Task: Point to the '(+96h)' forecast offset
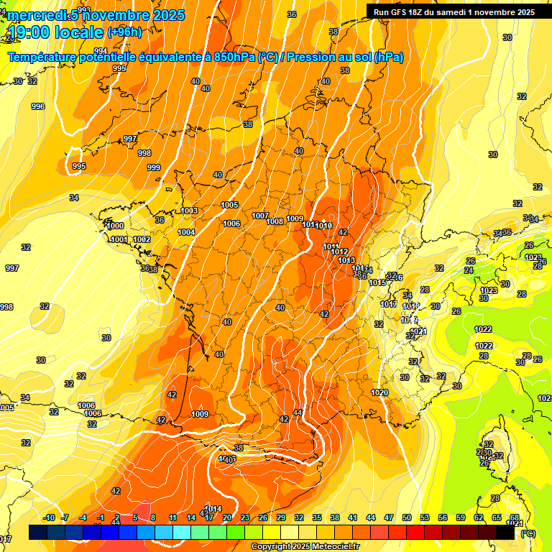124,32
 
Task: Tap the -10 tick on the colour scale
49,517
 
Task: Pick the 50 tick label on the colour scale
407,517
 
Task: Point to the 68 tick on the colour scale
515,517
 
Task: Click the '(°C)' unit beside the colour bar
528,533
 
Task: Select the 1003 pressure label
189,211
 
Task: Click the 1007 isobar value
260,216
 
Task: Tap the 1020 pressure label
380,392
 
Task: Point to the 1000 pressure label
115,226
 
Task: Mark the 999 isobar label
153,167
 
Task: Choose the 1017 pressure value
389,304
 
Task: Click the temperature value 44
298,413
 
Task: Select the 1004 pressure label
187,232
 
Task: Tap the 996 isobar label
38,106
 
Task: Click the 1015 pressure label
378,282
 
